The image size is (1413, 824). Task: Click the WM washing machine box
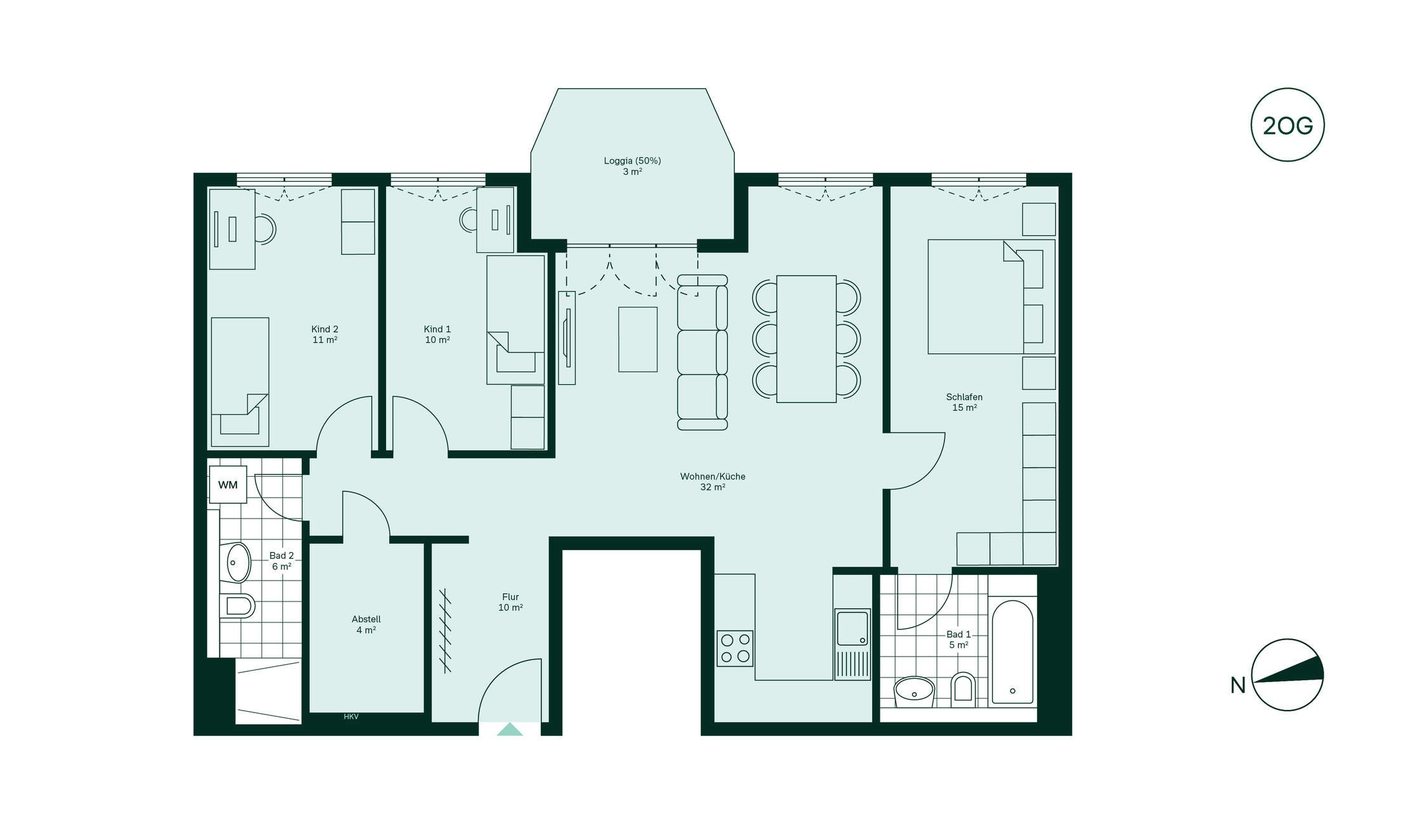pos(228,485)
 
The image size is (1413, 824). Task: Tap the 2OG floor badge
pos(1287,125)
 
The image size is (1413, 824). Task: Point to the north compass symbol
pos(1287,674)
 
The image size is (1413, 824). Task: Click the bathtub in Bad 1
pos(1012,652)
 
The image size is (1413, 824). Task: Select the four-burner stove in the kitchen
pos(735,648)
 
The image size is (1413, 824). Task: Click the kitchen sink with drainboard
pos(853,644)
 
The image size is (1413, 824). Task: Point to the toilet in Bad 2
pos(238,606)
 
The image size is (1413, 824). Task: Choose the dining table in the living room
pos(806,339)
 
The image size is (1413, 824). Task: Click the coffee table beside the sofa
pos(638,339)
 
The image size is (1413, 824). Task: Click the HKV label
pos(351,717)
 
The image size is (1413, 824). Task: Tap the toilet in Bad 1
pos(963,690)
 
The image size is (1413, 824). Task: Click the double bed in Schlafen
pos(991,297)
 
